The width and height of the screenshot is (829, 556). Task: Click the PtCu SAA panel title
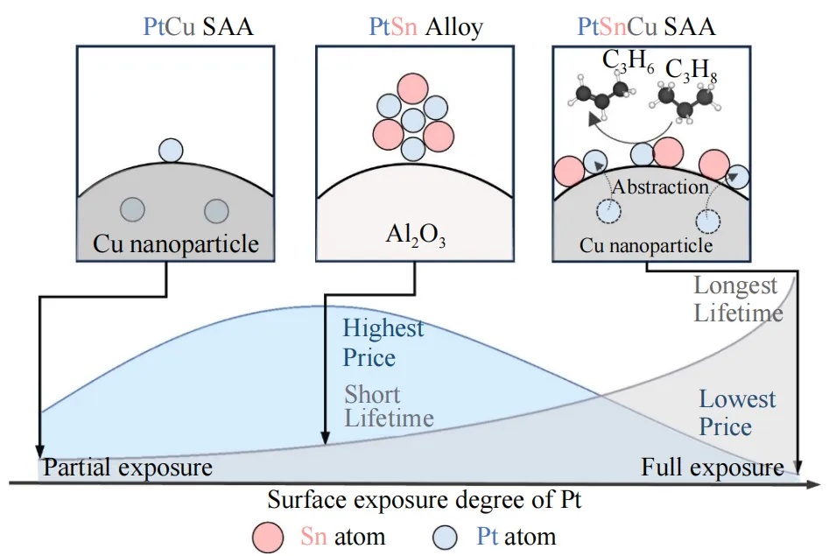198,26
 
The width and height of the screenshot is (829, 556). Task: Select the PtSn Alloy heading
426,26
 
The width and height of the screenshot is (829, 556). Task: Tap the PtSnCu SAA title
646,26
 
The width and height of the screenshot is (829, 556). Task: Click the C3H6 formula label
628,61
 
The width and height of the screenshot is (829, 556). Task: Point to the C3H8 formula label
691,70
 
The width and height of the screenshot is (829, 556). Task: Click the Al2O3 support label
416,235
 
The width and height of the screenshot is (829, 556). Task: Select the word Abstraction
660,187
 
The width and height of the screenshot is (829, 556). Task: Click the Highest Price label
383,342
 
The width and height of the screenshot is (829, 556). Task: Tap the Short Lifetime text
389,406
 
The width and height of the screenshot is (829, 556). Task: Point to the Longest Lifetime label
738,299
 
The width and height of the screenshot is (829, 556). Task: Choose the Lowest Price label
737,412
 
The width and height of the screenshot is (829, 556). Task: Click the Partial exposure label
128,468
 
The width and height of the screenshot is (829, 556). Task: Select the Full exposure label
713,468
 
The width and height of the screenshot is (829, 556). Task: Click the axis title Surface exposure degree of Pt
424,500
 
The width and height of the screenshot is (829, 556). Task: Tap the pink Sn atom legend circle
268,538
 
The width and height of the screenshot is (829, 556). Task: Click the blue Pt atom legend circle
445,538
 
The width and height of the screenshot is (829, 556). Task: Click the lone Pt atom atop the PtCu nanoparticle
171,151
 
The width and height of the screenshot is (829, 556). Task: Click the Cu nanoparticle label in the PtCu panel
176,244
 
